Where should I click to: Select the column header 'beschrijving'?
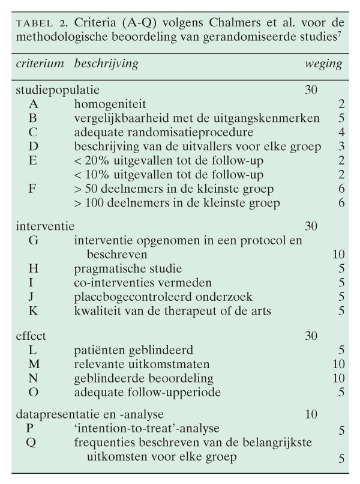point(106,63)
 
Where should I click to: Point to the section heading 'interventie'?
point(44,226)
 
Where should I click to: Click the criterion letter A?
point(32,104)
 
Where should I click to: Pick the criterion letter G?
point(32,240)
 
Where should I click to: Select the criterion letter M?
point(33,364)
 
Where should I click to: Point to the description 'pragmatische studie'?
point(128,268)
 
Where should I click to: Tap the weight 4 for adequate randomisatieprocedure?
point(340,132)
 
